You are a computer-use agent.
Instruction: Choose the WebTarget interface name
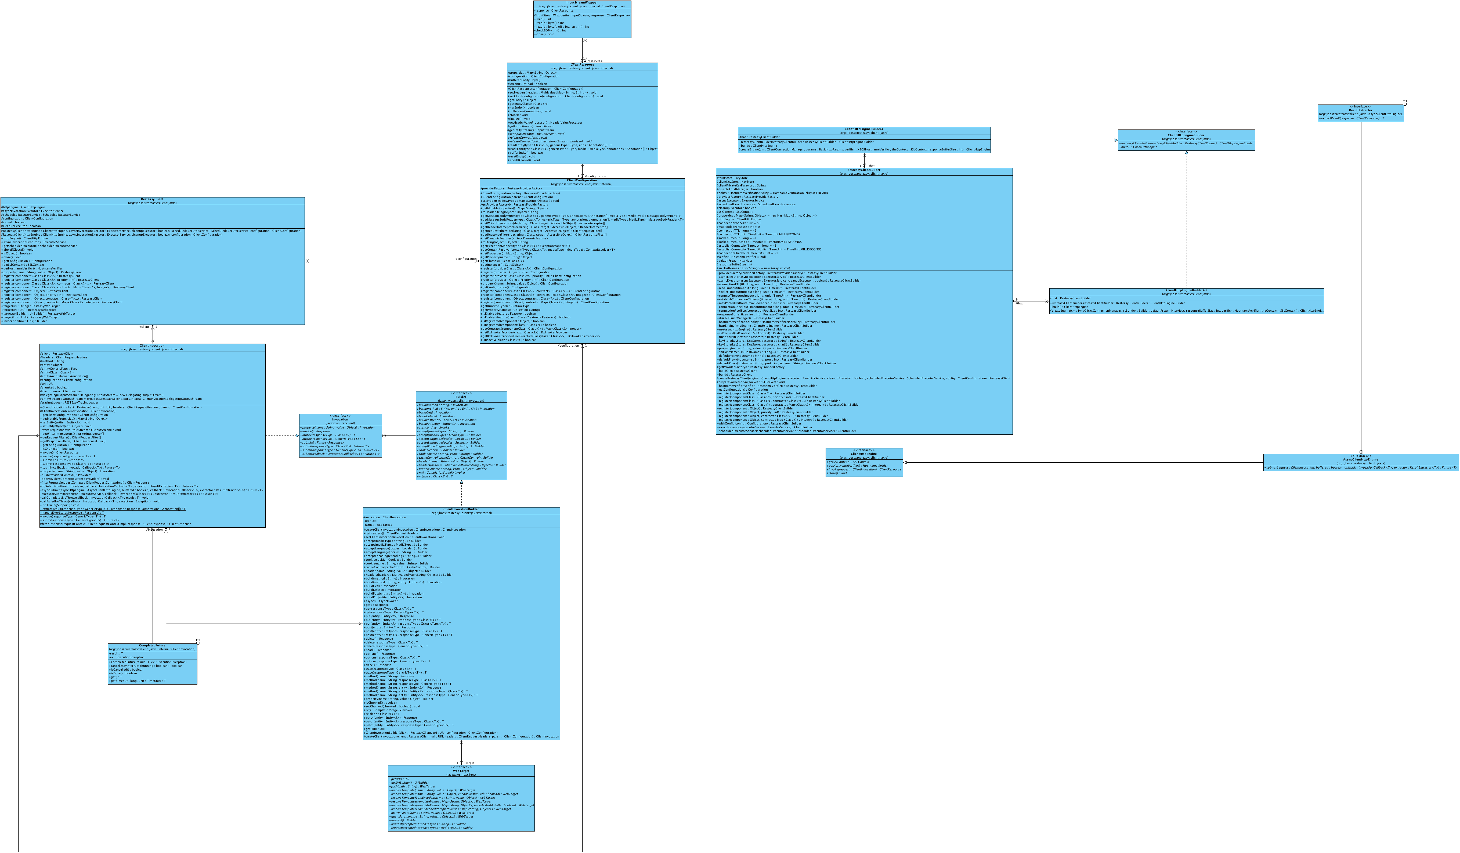pyautogui.click(x=461, y=771)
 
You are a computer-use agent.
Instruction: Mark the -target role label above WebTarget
pyautogui.click(x=469, y=763)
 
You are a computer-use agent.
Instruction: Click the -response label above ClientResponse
pyautogui.click(x=595, y=60)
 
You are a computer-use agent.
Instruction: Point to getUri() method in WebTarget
pyautogui.click(x=400, y=779)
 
